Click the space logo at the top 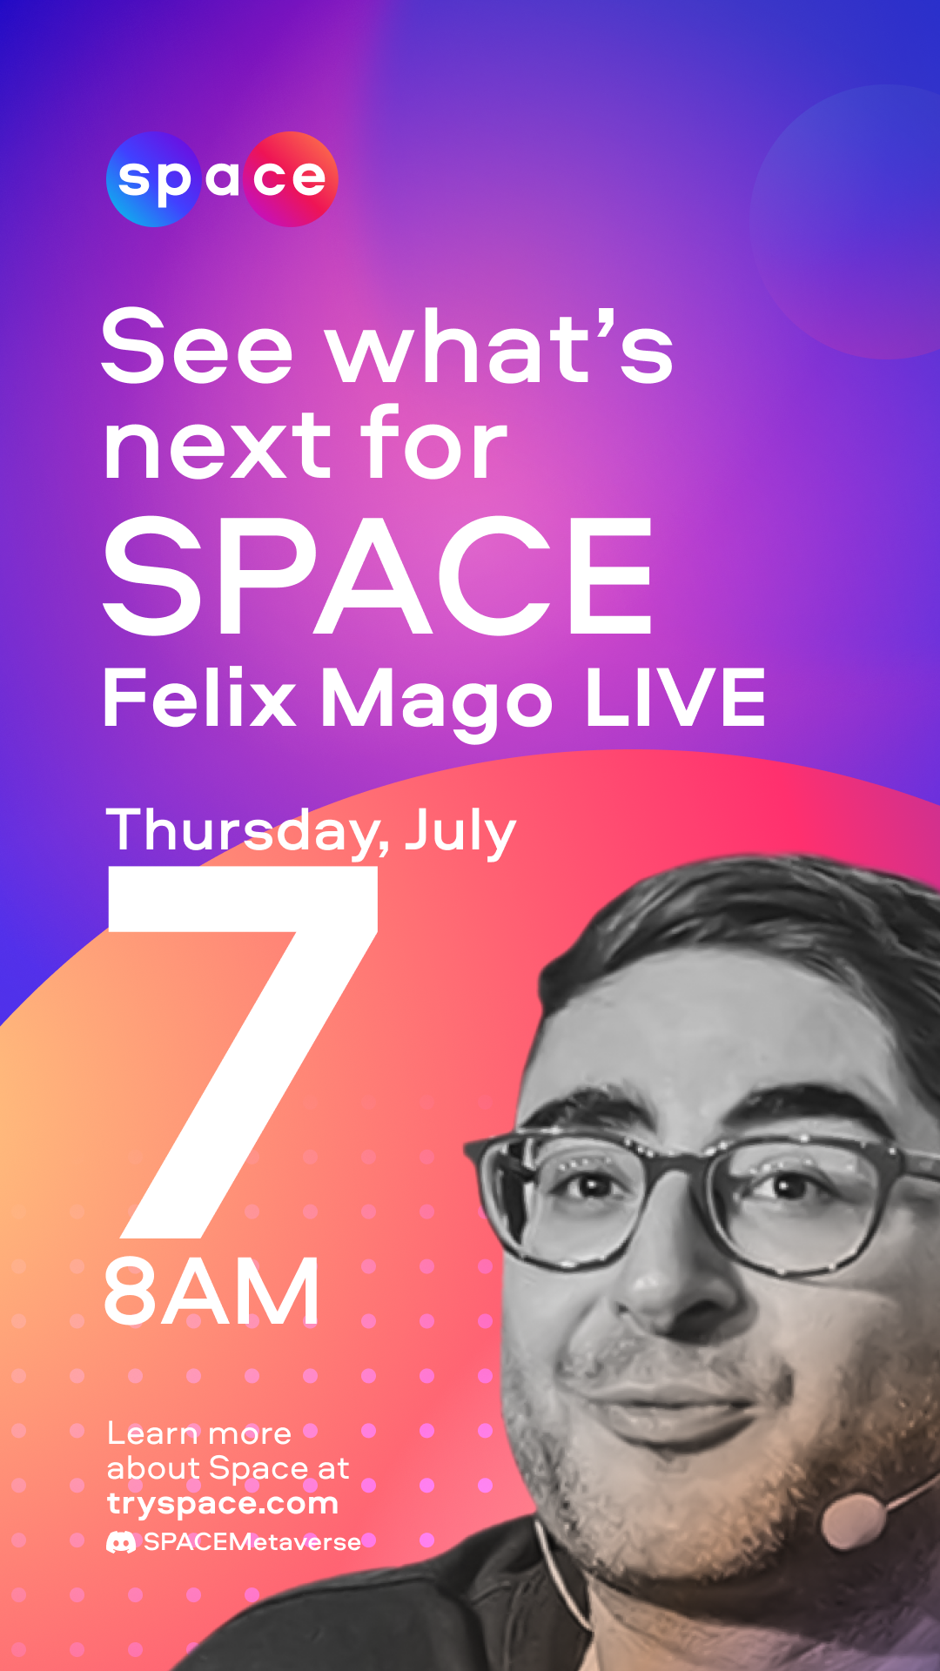pos(222,179)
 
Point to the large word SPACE pos(379,575)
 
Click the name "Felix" pos(199,698)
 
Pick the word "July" pos(460,832)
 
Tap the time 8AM pos(211,1293)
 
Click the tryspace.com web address pos(223,1504)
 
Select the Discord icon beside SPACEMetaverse pos(121,1542)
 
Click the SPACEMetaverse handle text pos(252,1542)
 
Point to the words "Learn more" pos(199,1433)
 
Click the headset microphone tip pos(852,1520)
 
